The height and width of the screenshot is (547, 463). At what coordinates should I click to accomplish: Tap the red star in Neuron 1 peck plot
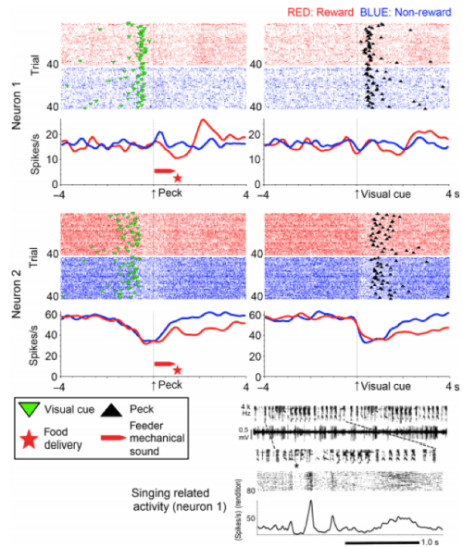coord(177,178)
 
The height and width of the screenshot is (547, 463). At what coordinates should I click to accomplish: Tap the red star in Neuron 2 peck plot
coord(177,370)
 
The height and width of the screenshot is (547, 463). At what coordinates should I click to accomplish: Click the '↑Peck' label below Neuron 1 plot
coord(169,194)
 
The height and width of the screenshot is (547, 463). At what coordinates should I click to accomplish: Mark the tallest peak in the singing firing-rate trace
coord(311,502)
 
